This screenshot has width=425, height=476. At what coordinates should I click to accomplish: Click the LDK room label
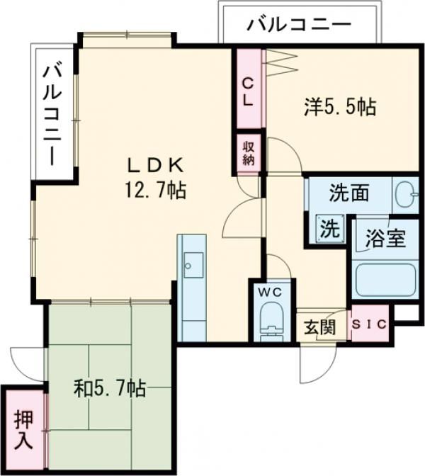[156, 166]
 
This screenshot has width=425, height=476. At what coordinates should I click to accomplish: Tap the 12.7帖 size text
[154, 191]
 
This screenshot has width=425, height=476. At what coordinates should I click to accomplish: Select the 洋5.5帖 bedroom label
[341, 107]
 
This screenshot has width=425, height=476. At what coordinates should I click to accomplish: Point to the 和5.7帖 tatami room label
[110, 389]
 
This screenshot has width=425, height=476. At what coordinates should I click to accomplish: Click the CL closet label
[249, 92]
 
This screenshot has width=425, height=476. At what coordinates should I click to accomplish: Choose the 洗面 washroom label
[349, 193]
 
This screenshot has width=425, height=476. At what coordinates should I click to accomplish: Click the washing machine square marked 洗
[330, 229]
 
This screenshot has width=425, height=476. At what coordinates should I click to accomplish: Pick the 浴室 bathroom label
[385, 238]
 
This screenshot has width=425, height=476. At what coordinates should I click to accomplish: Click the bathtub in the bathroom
[385, 280]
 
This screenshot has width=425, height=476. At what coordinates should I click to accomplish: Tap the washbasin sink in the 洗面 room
[407, 194]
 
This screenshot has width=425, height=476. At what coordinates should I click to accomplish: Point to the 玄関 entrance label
[321, 327]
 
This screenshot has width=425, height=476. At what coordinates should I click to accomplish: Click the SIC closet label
[370, 324]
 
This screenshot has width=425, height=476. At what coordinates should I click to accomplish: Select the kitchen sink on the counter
[193, 265]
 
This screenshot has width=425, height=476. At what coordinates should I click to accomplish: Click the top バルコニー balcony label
[299, 25]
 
